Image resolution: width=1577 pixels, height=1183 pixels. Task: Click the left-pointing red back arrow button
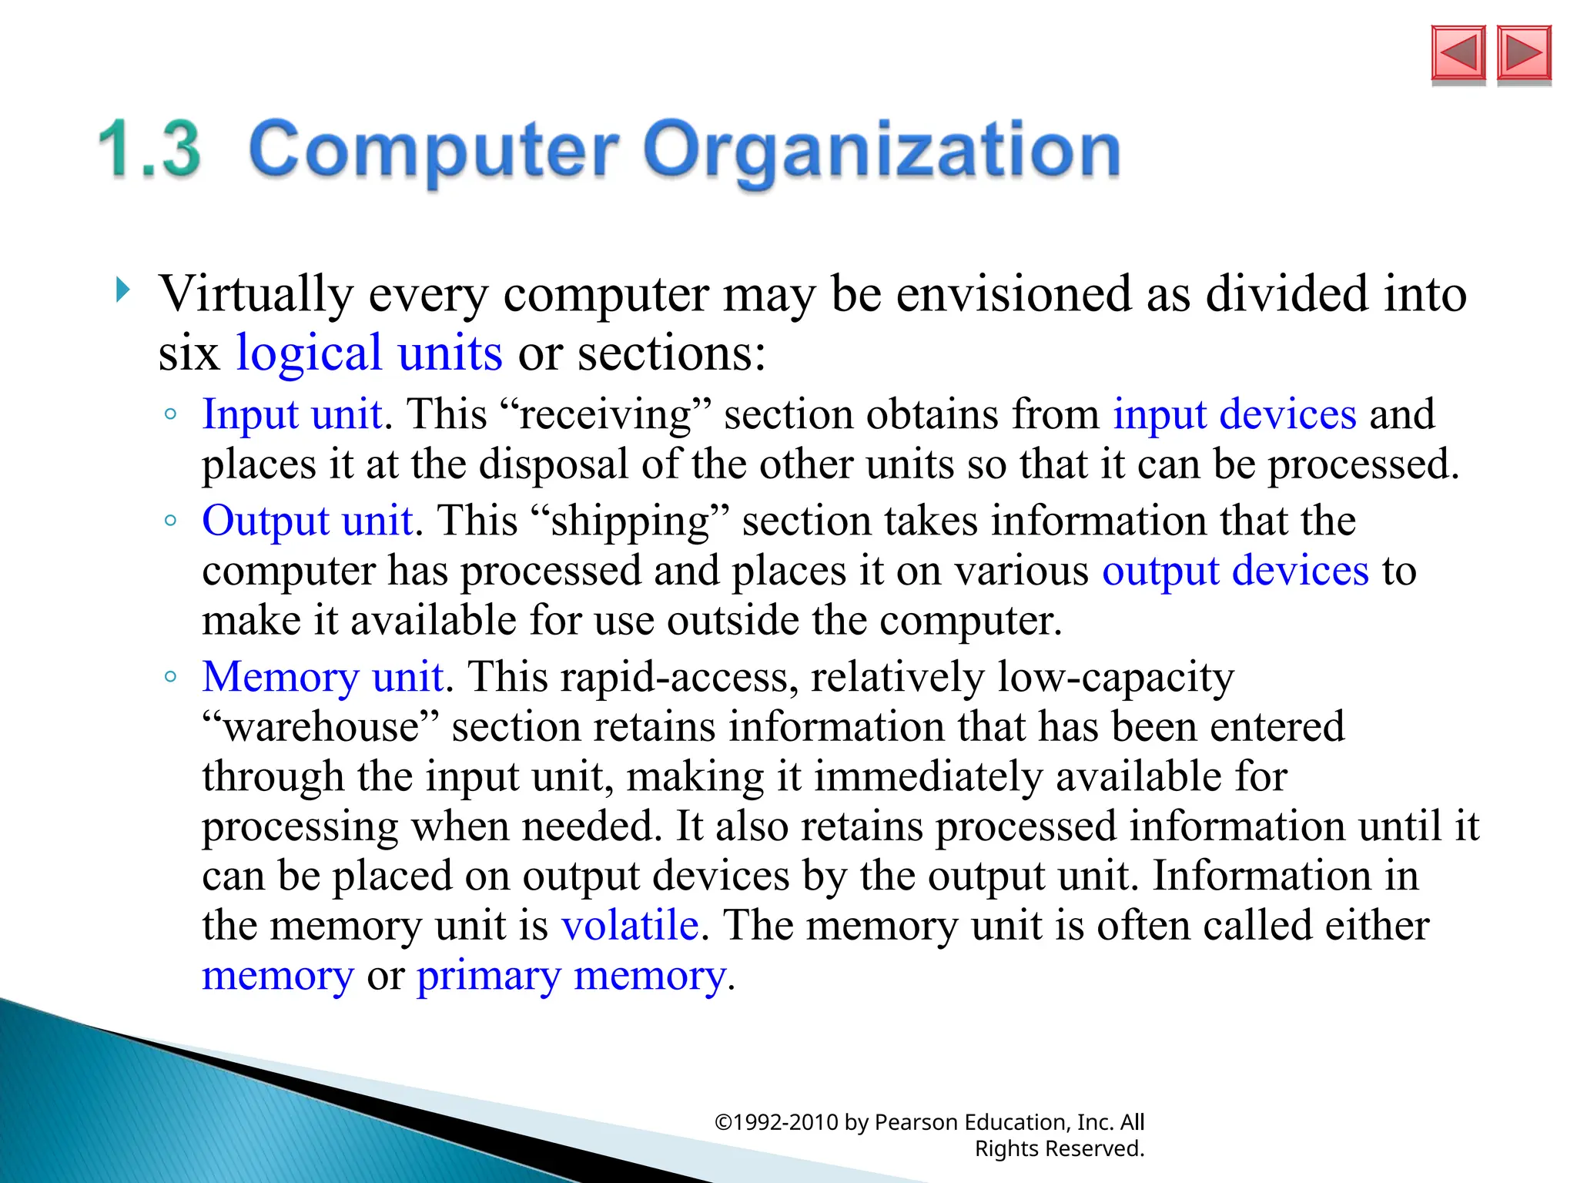[x=1458, y=53]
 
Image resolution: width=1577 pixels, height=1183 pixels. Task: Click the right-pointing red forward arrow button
[x=1524, y=53]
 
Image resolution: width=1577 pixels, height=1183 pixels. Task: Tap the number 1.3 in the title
[x=150, y=149]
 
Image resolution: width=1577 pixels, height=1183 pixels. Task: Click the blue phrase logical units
[x=369, y=354]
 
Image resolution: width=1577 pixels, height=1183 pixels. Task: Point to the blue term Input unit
[x=292, y=414]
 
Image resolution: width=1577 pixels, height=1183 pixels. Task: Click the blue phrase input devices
[x=1234, y=414]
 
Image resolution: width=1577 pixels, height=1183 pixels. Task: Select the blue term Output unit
[x=307, y=521]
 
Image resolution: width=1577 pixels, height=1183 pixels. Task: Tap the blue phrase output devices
[x=1235, y=571]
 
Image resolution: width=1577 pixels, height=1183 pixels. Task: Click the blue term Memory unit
[x=323, y=677]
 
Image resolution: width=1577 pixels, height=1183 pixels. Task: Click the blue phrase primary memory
[x=571, y=976]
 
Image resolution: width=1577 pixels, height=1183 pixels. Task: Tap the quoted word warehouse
[x=321, y=727]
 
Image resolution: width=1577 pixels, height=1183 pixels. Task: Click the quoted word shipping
[x=631, y=521]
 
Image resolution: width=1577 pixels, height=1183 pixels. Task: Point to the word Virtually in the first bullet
[x=256, y=294]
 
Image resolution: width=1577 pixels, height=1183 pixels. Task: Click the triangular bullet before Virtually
[x=122, y=290]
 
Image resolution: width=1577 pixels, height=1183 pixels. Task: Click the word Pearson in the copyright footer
[x=916, y=1122]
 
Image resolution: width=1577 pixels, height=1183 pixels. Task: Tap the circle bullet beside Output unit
[x=171, y=521]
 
